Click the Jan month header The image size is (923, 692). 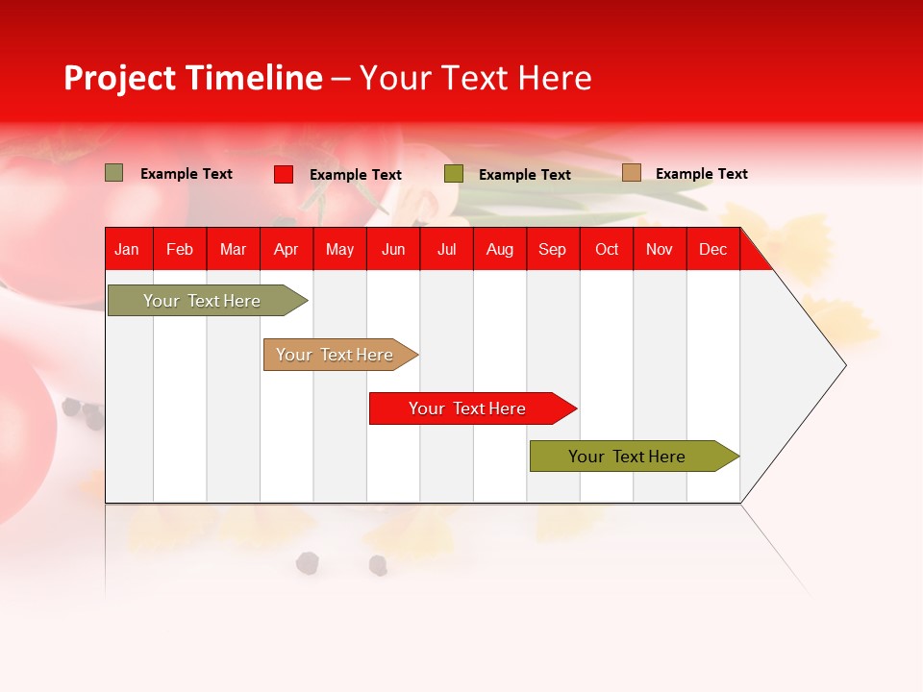[x=127, y=250]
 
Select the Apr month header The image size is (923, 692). [x=286, y=250]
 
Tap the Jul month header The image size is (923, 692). [x=446, y=250]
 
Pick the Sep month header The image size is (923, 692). [x=552, y=250]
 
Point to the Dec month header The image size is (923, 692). [x=712, y=250]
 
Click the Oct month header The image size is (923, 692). [x=607, y=250]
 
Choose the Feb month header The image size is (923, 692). [x=180, y=250]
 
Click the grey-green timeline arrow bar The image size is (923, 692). [x=202, y=301]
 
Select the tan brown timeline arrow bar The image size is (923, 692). [x=335, y=355]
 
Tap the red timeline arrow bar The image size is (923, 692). [x=467, y=408]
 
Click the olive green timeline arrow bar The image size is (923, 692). [x=627, y=457]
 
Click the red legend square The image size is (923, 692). [x=284, y=174]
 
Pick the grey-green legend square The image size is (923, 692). [x=114, y=173]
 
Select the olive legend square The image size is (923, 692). [x=454, y=174]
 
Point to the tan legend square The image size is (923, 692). [x=632, y=173]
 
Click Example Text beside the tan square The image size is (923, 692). [x=701, y=174]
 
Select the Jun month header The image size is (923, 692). [x=393, y=250]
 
